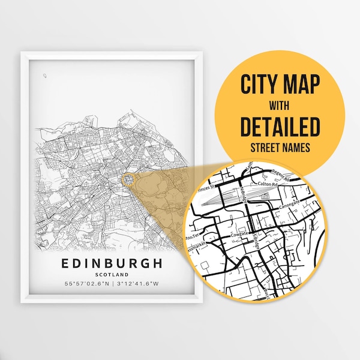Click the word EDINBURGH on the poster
(112, 263)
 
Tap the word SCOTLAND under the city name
(112, 275)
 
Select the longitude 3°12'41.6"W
(140, 284)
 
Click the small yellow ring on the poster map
(127, 179)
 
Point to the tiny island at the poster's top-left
(45, 76)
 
